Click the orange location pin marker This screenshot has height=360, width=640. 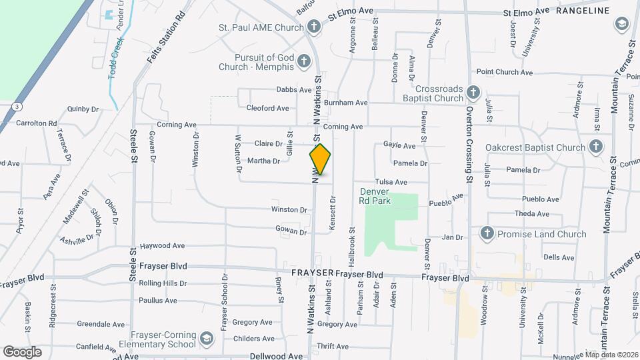pos(320,159)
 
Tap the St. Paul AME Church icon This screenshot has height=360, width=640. pos(314,27)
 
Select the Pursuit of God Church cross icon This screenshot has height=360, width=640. pos(303,62)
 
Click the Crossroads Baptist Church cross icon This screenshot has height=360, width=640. pos(473,93)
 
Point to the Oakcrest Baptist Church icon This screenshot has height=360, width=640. pos(595,147)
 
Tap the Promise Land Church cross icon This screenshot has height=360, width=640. pos(487,234)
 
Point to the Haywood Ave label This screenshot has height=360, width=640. pos(162,246)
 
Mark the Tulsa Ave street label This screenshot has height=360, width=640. pos(391,182)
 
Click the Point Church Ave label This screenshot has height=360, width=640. pos(504,72)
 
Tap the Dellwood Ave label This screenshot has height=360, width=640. pos(276,356)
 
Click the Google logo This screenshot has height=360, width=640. pos(22,351)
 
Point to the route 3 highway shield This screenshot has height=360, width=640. pos(15,106)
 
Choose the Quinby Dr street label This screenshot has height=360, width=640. pos(83,108)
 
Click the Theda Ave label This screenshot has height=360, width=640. pos(532,214)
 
